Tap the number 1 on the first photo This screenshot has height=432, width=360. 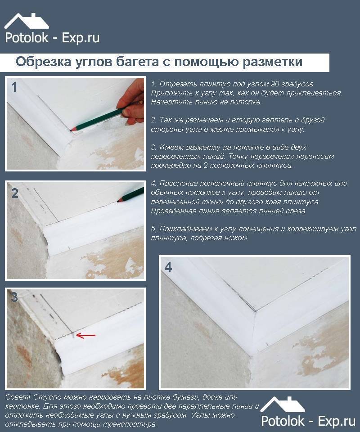[x=14, y=87]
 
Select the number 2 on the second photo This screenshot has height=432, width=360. [x=15, y=193]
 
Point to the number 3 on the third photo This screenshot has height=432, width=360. [x=14, y=298]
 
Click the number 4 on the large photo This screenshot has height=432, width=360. [x=168, y=267]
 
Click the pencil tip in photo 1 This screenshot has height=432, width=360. [x=72, y=130]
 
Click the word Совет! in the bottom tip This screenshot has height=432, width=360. [x=18, y=398]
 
